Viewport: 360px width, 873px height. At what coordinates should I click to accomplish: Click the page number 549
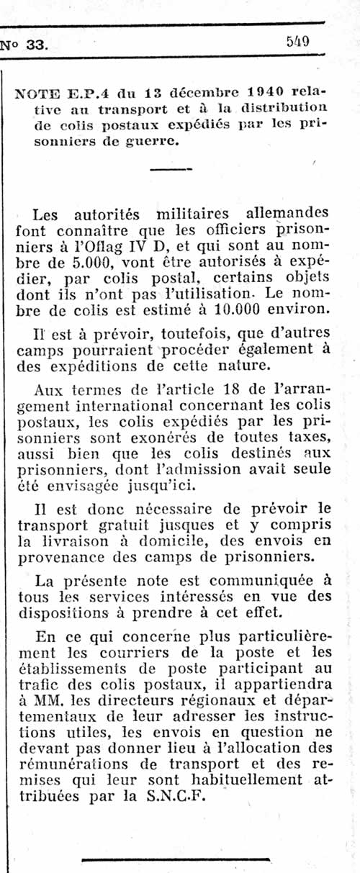[x=297, y=41]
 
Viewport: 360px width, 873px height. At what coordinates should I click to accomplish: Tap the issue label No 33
[x=24, y=44]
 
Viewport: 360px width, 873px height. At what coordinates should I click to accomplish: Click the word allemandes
[x=287, y=213]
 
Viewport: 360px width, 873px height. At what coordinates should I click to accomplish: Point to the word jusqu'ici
[x=194, y=487]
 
